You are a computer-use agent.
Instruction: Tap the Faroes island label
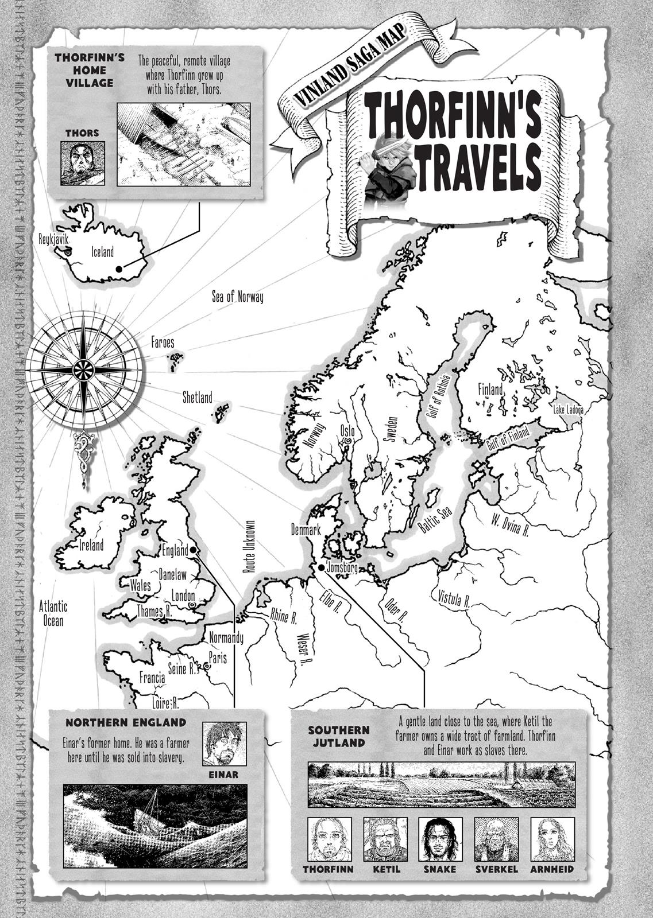[x=163, y=343]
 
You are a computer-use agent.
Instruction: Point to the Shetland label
[x=197, y=397]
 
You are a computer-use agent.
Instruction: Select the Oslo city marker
[x=347, y=441]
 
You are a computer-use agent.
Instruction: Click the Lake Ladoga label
[x=568, y=410]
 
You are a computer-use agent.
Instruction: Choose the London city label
[x=184, y=596]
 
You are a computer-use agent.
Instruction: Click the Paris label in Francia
[x=218, y=658]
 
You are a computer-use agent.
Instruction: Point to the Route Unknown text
[x=249, y=547]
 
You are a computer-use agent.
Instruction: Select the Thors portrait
[x=82, y=164]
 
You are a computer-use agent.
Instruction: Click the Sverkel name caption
[x=497, y=869]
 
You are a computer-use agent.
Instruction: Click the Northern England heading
[x=125, y=722]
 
